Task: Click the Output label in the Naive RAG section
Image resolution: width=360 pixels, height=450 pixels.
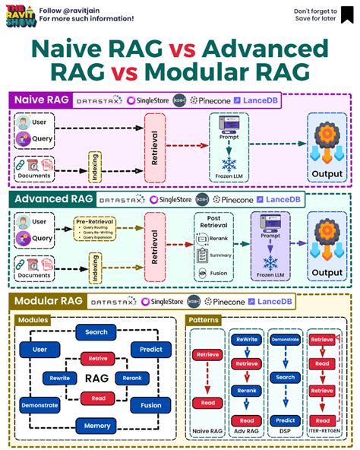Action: [327, 174]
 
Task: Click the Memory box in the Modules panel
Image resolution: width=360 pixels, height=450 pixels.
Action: [96, 426]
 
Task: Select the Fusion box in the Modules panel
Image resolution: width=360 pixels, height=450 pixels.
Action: [150, 405]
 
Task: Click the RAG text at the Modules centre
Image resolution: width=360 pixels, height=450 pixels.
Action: [97, 377]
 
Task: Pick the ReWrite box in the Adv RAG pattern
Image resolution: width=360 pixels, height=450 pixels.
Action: [246, 340]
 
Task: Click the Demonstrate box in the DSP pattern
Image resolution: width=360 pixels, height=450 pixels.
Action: [285, 340]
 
